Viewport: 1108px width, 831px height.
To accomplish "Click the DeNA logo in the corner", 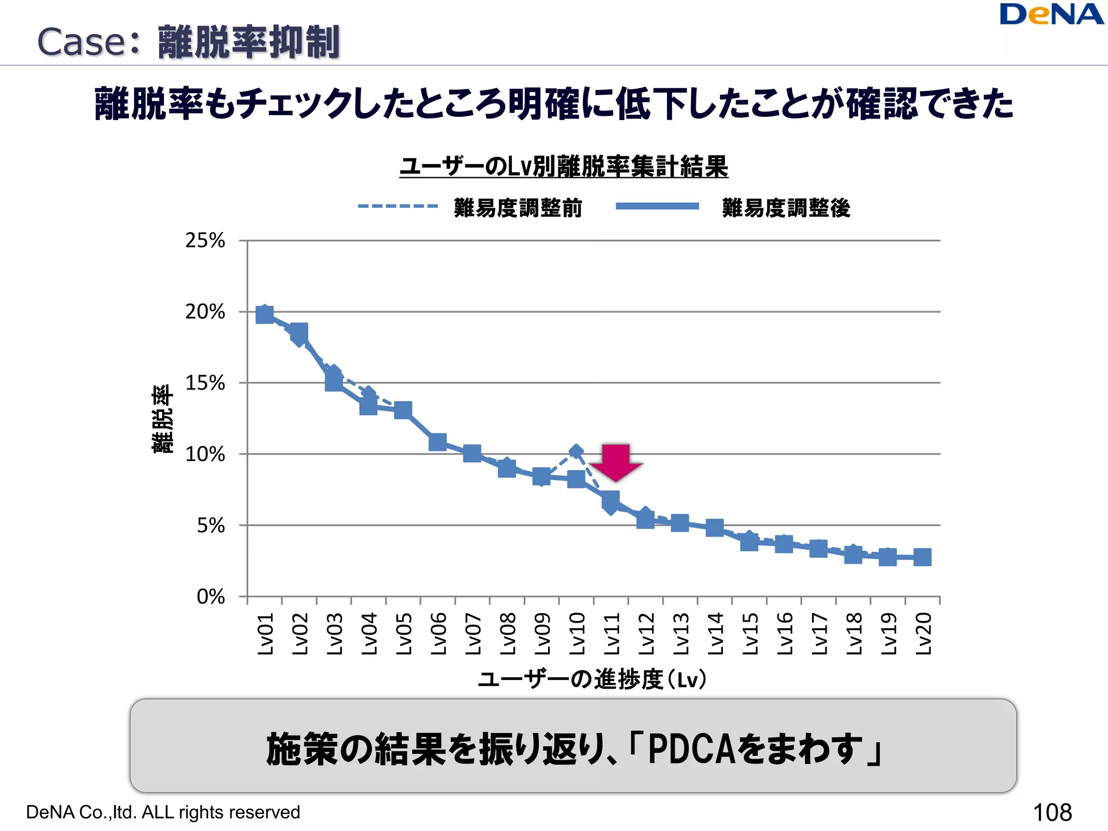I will [1051, 15].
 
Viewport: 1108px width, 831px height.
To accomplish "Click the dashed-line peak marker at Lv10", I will [576, 451].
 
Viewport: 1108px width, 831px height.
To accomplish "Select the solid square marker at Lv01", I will [265, 314].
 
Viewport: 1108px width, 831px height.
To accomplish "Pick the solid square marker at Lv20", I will [922, 557].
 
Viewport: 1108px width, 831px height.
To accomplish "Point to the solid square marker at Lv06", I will [438, 442].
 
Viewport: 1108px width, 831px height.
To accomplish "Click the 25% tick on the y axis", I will [205, 240].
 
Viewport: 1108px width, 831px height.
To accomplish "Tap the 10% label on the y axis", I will [205, 454].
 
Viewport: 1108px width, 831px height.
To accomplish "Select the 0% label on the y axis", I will [210, 596].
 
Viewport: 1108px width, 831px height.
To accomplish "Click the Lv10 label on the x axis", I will [577, 634].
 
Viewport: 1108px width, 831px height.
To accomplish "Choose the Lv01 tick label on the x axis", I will [265, 634].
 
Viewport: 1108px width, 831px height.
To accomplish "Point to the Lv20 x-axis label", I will [923, 634].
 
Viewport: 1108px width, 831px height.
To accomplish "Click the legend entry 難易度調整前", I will [518, 208].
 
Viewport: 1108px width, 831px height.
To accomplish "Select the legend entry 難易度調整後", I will [786, 208].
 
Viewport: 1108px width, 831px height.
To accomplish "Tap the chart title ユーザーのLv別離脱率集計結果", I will [564, 166].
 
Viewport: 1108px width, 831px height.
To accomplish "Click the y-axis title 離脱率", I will [162, 419].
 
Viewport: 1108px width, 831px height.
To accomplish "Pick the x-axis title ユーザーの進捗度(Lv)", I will [592, 679].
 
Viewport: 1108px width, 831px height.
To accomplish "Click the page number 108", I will [1052, 812].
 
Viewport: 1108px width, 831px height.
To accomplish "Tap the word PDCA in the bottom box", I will [691, 749].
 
